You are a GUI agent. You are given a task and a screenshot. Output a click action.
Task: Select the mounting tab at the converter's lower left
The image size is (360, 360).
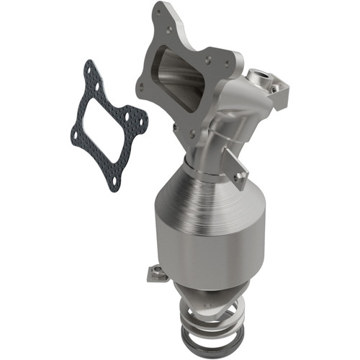tap(156, 273)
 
